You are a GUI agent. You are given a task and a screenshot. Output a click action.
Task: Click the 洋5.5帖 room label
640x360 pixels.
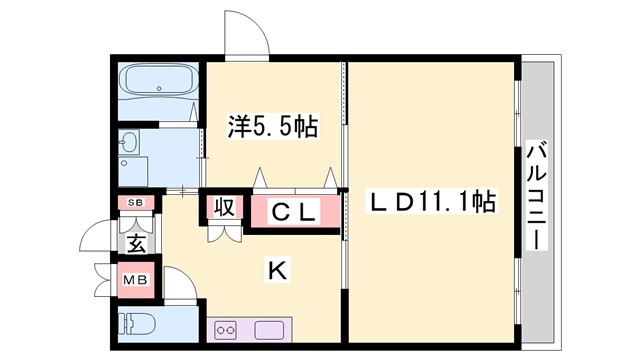273,128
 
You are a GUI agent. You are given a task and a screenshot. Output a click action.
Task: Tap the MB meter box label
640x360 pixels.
134,280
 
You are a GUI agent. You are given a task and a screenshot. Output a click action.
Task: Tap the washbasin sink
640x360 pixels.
130,146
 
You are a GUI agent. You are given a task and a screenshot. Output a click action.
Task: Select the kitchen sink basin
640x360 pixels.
272,330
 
